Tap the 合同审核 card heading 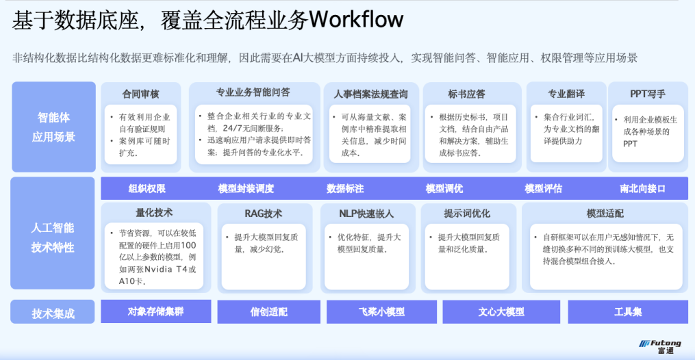pyautogui.click(x=140, y=94)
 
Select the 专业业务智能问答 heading pyautogui.click(x=253, y=92)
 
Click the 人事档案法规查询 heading pyautogui.click(x=370, y=94)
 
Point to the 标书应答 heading pyautogui.click(x=466, y=94)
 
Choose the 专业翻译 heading pyautogui.click(x=566, y=94)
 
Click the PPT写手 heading pyautogui.click(x=647, y=94)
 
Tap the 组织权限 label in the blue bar pyautogui.click(x=147, y=188)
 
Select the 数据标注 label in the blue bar pyautogui.click(x=345, y=188)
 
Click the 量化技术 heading pyautogui.click(x=154, y=213)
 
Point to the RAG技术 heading pyautogui.click(x=263, y=214)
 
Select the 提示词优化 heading pyautogui.click(x=466, y=214)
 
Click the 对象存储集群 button pyautogui.click(x=155, y=311)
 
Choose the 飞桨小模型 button pyautogui.click(x=381, y=312)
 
